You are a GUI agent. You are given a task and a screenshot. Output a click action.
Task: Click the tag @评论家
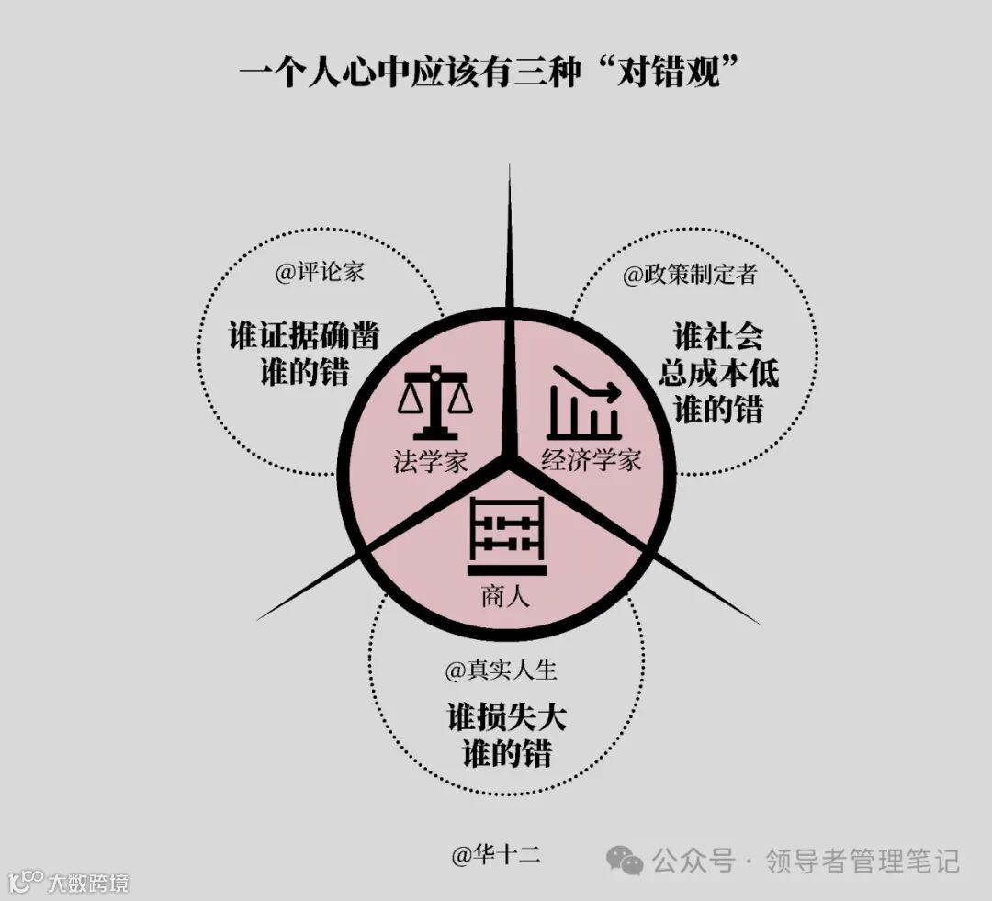pyautogui.click(x=319, y=274)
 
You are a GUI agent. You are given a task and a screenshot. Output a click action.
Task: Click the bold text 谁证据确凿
pyautogui.click(x=303, y=337)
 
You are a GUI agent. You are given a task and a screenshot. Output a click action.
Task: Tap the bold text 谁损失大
pyautogui.click(x=506, y=716)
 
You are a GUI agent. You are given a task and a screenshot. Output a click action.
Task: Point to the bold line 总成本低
pyautogui.click(x=718, y=373)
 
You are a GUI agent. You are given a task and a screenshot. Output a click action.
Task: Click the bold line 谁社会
pyautogui.click(x=718, y=337)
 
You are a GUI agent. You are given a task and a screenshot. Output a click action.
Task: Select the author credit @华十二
pyautogui.click(x=496, y=856)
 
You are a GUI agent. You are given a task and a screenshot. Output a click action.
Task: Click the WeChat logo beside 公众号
pyautogui.click(x=626, y=861)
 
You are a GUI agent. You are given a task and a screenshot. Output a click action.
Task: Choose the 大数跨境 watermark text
pyautogui.click(x=88, y=884)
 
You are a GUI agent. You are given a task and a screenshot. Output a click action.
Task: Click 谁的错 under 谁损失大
pyautogui.click(x=506, y=753)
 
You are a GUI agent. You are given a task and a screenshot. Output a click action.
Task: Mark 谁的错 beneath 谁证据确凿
pyautogui.click(x=303, y=373)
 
